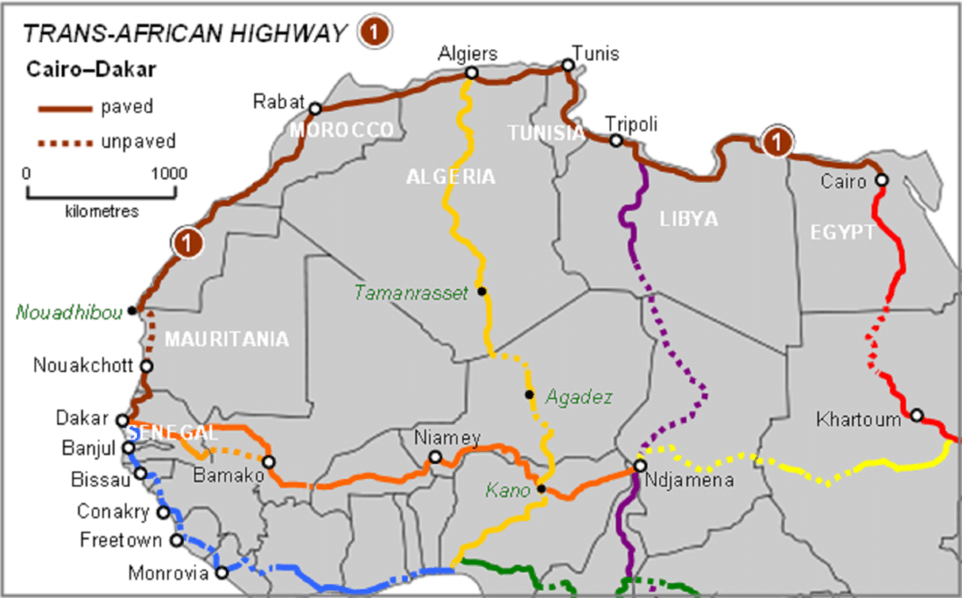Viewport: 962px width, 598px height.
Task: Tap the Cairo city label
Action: pyautogui.click(x=842, y=181)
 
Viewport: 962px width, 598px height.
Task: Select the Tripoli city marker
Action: pyautogui.click(x=616, y=140)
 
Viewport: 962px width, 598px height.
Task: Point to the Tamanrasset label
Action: pyautogui.click(x=411, y=293)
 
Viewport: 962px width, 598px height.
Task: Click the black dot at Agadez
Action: pyautogui.click(x=530, y=394)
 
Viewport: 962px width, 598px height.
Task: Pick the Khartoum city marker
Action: pyautogui.click(x=917, y=415)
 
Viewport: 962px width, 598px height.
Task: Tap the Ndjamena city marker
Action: pyautogui.click(x=640, y=467)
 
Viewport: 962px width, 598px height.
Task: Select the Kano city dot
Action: pyautogui.click(x=541, y=489)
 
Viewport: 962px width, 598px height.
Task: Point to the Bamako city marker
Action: pyautogui.click(x=268, y=462)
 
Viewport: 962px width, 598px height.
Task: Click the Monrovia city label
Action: pyautogui.click(x=168, y=573)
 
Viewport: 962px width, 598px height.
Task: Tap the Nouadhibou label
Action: pyautogui.click(x=68, y=312)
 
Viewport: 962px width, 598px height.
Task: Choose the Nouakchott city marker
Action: pyautogui.click(x=147, y=367)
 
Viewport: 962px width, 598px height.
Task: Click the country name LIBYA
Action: pyautogui.click(x=688, y=219)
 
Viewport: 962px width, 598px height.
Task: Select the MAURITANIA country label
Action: pyautogui.click(x=226, y=340)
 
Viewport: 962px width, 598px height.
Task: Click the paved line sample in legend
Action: pyautogui.click(x=64, y=108)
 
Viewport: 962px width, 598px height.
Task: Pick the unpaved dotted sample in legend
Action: pyautogui.click(x=64, y=141)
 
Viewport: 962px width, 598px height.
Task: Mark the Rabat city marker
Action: pyautogui.click(x=315, y=109)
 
